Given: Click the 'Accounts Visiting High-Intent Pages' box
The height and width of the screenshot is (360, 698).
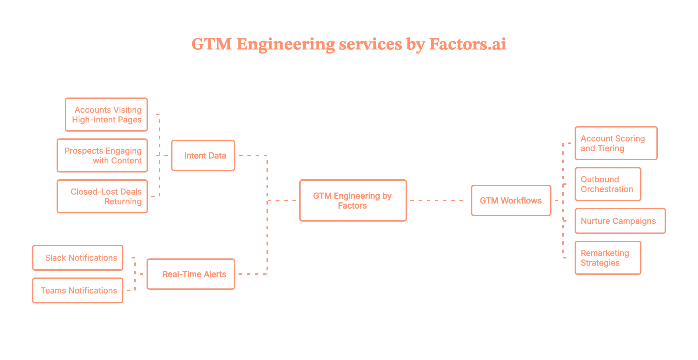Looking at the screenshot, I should pos(106,115).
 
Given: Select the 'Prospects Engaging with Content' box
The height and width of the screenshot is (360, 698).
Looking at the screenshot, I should pos(102,155).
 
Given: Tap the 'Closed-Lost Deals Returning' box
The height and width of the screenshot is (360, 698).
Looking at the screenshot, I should pos(102,197).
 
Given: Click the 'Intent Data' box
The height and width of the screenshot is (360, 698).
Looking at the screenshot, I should pos(203,155).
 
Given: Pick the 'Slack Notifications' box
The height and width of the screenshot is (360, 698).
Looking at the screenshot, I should pos(78,258).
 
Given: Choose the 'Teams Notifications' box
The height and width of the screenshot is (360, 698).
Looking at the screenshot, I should pos(78,290).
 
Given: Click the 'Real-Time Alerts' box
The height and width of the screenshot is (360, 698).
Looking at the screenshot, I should pos(191,274).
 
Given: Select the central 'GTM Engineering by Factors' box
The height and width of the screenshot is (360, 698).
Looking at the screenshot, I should pos(353,201).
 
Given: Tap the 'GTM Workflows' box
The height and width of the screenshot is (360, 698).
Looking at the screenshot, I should pos(511,200).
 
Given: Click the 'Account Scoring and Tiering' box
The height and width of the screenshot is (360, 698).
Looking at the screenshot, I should pos(616,143).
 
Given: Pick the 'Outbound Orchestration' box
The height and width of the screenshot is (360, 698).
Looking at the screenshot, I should pos(608,184).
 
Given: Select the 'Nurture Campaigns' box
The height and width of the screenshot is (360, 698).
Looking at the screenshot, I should pos(620,221).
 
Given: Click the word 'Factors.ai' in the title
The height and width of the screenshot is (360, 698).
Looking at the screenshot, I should pos(467,45).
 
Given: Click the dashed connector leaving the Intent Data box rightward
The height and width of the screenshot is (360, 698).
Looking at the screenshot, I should pos(252,155).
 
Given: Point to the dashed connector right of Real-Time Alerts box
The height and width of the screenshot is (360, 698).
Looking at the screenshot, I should pos(252,274).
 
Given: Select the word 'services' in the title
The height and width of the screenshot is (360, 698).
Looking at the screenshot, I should pos(369,45).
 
